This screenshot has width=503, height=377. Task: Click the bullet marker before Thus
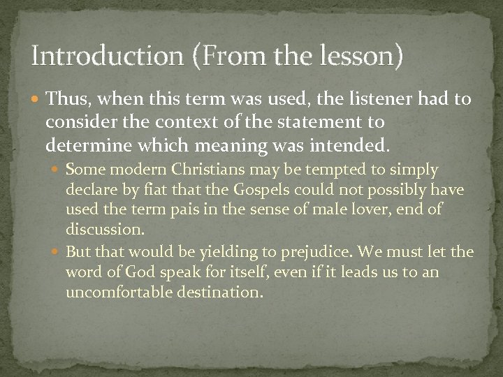pyautogui.click(x=37, y=100)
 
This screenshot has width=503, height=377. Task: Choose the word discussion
pyautogui.click(x=101, y=229)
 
